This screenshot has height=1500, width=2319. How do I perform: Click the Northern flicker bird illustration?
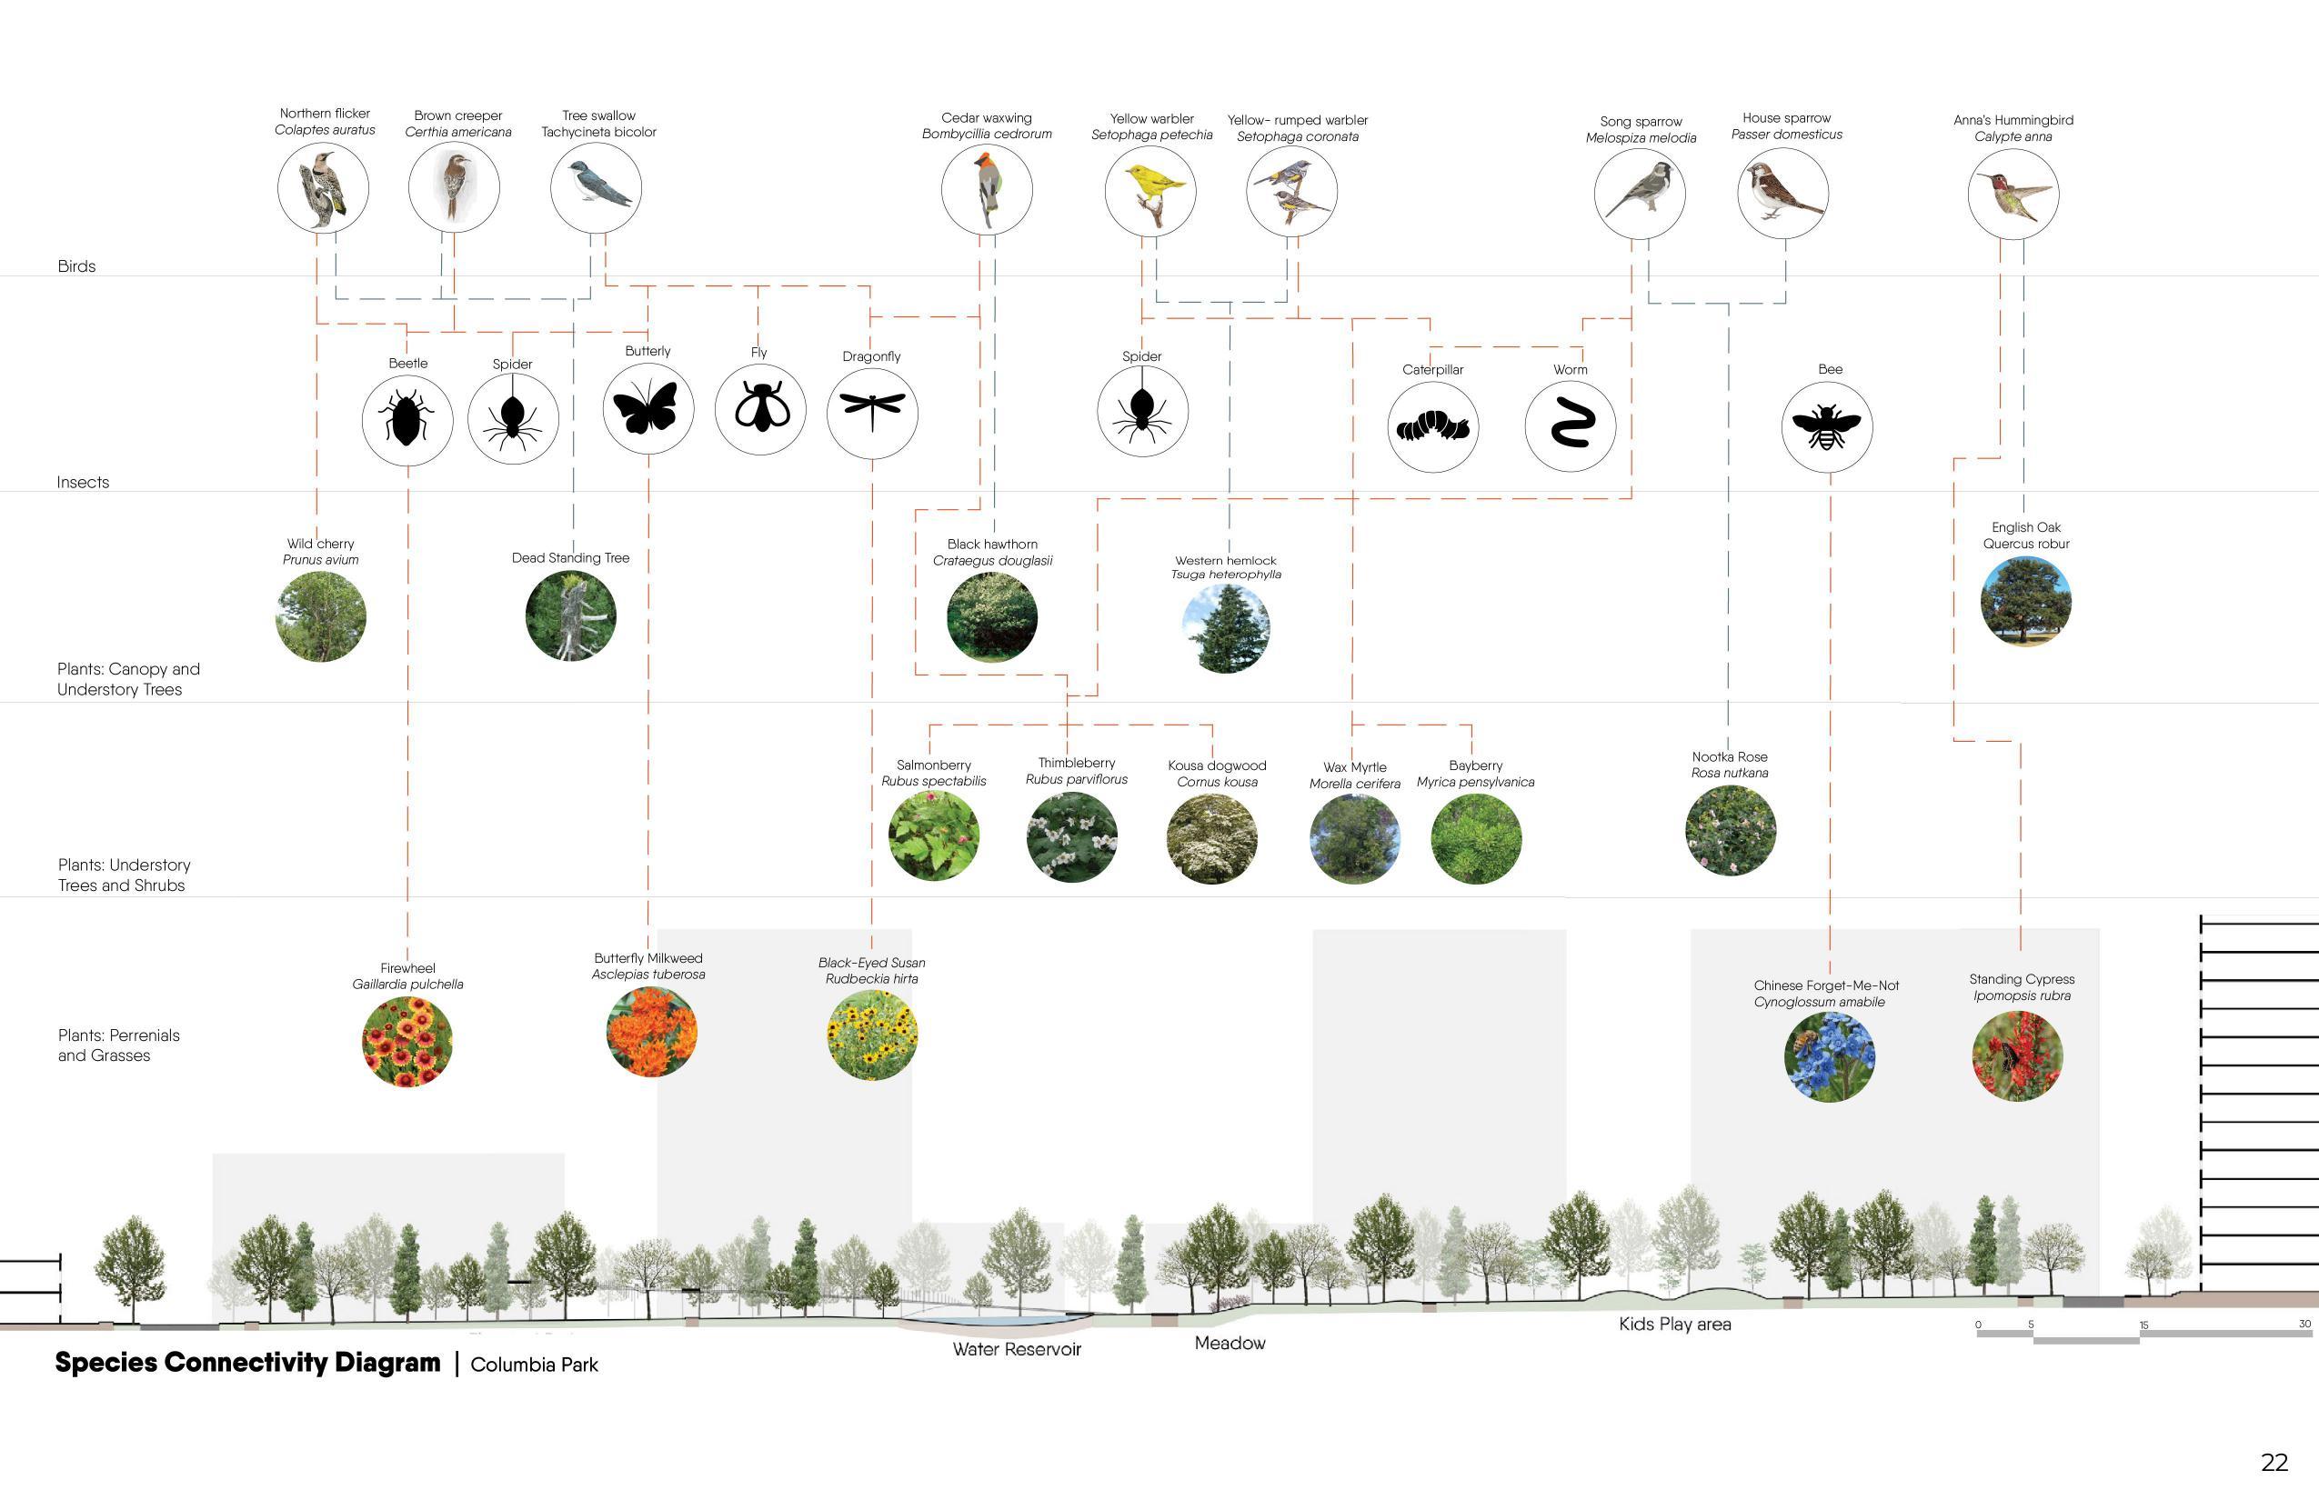pyautogui.click(x=323, y=188)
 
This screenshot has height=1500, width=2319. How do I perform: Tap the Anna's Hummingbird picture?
pyautogui.click(x=2013, y=193)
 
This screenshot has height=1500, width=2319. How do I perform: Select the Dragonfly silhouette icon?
pyautogui.click(x=872, y=412)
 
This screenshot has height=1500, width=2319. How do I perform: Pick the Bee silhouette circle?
pyautogui.click(x=1827, y=426)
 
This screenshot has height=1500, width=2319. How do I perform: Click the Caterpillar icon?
pyautogui.click(x=1432, y=426)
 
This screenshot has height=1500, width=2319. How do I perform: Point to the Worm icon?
pyautogui.click(x=1570, y=426)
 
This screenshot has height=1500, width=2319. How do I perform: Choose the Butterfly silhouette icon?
pyautogui.click(x=648, y=408)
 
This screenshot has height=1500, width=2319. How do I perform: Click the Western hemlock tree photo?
pyautogui.click(x=1226, y=628)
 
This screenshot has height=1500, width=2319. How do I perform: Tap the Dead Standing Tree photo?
pyautogui.click(x=571, y=615)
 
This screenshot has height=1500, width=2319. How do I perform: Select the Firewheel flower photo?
pyautogui.click(x=407, y=1041)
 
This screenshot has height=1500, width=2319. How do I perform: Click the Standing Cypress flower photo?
pyautogui.click(x=2017, y=1056)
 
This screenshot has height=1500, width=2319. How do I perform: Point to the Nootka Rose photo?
pyautogui.click(x=1731, y=831)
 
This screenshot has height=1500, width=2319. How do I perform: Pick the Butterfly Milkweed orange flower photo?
pyautogui.click(x=651, y=1032)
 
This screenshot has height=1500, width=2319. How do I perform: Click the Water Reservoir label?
pyautogui.click(x=1017, y=1350)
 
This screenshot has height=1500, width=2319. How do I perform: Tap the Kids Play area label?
pyautogui.click(x=1675, y=1325)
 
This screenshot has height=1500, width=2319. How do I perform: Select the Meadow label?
pyautogui.click(x=1230, y=1344)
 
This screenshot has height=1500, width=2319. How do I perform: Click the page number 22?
pyautogui.click(x=2274, y=1463)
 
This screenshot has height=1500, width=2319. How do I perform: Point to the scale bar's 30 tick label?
pyautogui.click(x=2304, y=1325)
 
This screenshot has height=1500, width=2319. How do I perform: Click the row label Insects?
pyautogui.click(x=83, y=482)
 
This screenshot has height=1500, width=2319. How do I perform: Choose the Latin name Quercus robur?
pyautogui.click(x=2026, y=544)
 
